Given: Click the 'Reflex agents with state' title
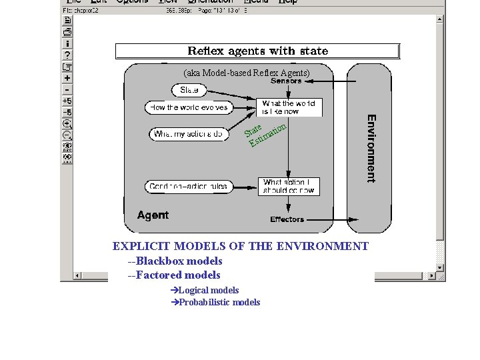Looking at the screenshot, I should pyautogui.click(x=257, y=51).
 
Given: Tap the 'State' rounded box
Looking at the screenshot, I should pyautogui.click(x=189, y=89).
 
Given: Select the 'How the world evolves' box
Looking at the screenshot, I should pyautogui.click(x=187, y=107).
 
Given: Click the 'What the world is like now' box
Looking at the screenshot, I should pyautogui.click(x=289, y=107).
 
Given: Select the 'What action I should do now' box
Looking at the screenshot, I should pyautogui.click(x=288, y=186).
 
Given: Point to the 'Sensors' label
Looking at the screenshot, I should pyautogui.click(x=286, y=81).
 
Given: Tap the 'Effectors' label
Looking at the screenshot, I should pyautogui.click(x=287, y=219).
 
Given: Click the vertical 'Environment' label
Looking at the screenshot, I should pyautogui.click(x=371, y=148).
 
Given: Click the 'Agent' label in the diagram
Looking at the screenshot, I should pyautogui.click(x=153, y=215).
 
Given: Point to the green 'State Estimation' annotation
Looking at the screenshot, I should pyautogui.click(x=265, y=134).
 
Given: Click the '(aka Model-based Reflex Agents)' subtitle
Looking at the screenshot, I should pyautogui.click(x=247, y=72).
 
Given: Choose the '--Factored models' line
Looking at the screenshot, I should pyautogui.click(x=174, y=275).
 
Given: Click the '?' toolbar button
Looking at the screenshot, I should pyautogui.click(x=67, y=55).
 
